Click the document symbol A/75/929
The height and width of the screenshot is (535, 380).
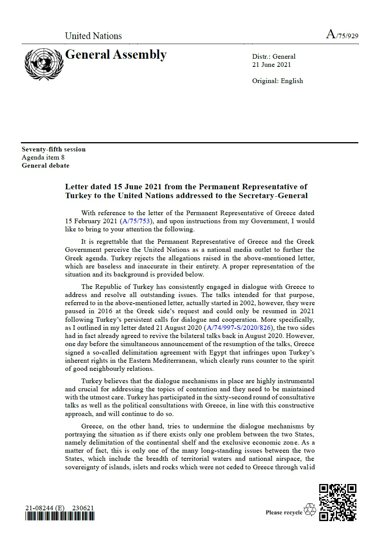click(342, 35)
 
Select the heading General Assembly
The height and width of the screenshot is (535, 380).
click(116, 55)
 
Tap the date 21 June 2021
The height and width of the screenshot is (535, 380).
click(271, 65)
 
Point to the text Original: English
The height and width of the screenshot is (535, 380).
click(277, 81)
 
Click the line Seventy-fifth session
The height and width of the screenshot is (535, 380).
click(53, 149)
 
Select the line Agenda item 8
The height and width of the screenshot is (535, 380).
click(43, 158)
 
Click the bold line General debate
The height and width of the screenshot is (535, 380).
click(45, 166)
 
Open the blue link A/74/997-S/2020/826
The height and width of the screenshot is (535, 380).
click(238, 328)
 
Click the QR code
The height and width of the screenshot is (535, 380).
click(337, 502)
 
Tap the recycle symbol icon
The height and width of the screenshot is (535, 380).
click(310, 510)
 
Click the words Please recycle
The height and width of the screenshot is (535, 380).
click(284, 513)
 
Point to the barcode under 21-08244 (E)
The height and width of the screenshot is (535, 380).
click(60, 516)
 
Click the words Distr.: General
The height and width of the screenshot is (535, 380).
click(274, 57)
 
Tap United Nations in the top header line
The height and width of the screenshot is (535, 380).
click(93, 36)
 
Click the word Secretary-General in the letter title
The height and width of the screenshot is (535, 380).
click(279, 195)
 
